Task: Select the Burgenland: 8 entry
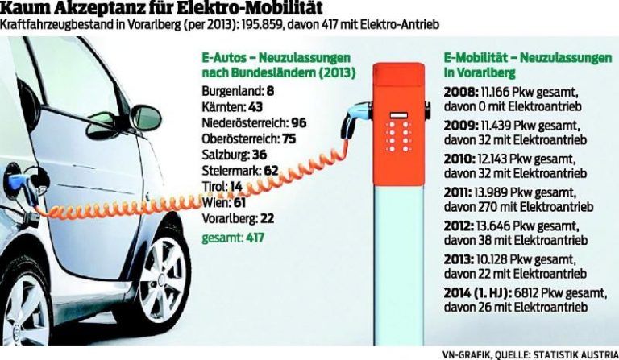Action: point(239,90)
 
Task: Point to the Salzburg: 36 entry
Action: point(234,153)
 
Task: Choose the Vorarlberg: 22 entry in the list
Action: point(239,218)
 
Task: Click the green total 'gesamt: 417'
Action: point(234,238)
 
